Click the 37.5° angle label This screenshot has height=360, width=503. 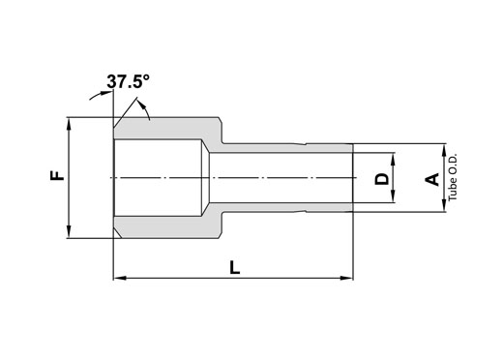point(129,81)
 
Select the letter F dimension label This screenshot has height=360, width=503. point(58,176)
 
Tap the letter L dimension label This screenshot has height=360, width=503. point(235,268)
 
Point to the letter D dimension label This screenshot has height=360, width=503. point(382,179)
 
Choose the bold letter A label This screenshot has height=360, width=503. point(432,180)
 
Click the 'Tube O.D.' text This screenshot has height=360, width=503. point(453,177)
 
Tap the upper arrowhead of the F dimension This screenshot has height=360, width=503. point(69,124)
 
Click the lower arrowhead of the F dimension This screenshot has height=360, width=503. point(69,231)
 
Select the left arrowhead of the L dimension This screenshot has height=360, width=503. point(120,278)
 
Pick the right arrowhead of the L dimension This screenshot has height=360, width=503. point(347,278)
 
